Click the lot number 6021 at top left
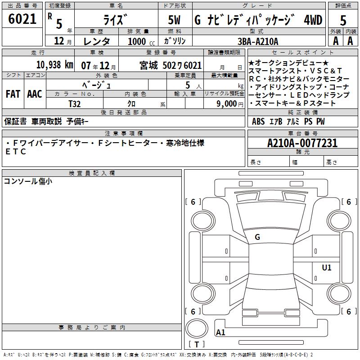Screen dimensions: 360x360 point(22,19)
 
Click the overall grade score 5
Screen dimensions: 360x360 point(343,21)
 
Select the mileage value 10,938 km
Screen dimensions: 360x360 point(54,65)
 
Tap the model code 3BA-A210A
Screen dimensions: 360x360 point(258,41)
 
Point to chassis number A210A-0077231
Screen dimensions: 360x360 point(302,143)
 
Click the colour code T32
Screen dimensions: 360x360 point(75,104)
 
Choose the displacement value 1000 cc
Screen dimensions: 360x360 point(141,41)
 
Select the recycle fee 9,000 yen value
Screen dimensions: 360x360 point(230,104)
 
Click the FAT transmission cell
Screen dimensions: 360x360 point(13,94)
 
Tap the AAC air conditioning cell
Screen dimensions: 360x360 point(35,94)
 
